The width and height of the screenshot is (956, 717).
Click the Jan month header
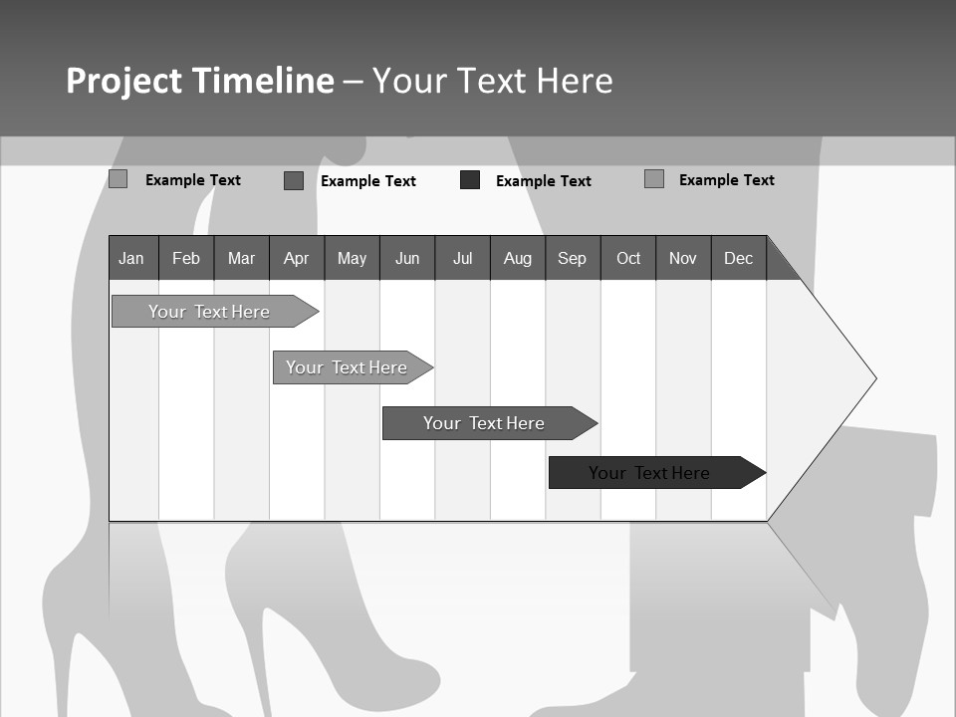pyautogui.click(x=131, y=258)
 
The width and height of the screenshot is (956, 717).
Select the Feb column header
pyautogui.click(x=186, y=258)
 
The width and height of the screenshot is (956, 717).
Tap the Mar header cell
pyautogui.click(x=241, y=258)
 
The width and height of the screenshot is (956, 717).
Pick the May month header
pyautogui.click(x=352, y=258)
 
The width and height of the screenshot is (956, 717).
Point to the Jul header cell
pyautogui.click(x=462, y=258)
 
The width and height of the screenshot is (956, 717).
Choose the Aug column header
pyautogui.click(x=518, y=258)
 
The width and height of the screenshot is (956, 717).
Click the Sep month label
pyautogui.click(x=573, y=258)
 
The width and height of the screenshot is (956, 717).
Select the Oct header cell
pyautogui.click(x=628, y=258)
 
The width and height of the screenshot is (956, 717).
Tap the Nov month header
pyautogui.click(x=683, y=258)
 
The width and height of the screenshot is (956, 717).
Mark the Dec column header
pyautogui.click(x=739, y=258)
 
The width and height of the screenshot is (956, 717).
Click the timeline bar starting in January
pyautogui.click(x=209, y=312)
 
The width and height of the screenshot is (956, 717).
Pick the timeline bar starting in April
pyautogui.click(x=347, y=367)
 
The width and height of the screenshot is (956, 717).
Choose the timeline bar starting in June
pyautogui.click(x=484, y=423)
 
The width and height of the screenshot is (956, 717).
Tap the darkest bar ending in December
pyautogui.click(x=650, y=473)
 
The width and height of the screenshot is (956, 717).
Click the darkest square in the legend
pyautogui.click(x=470, y=180)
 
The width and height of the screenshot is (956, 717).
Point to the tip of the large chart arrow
pyautogui.click(x=873, y=378)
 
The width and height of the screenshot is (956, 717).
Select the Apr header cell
pyautogui.click(x=297, y=258)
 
